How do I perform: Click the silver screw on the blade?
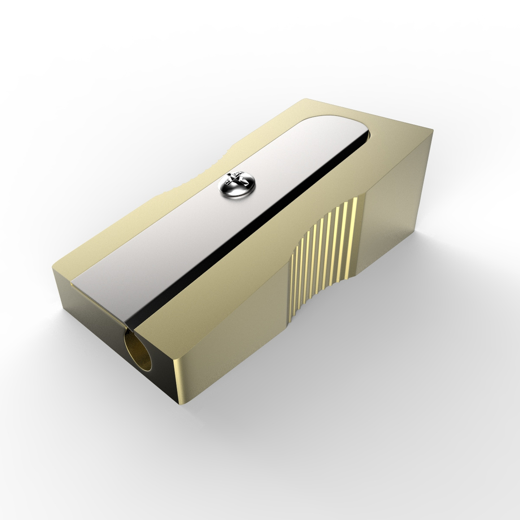click(x=236, y=185)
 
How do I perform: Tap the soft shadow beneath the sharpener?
click(x=337, y=366)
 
